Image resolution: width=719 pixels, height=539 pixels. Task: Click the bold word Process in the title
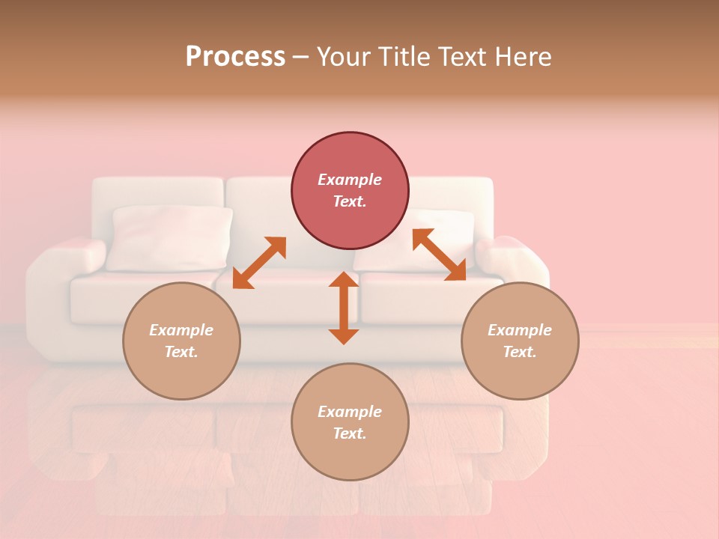[x=235, y=57]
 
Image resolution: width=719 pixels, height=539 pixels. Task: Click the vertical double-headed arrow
[x=344, y=308]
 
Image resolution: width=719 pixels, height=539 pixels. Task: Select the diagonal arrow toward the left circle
[x=259, y=263]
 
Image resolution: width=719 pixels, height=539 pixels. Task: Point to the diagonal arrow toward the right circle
[x=440, y=255]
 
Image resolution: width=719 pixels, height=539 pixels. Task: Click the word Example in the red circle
[x=350, y=180]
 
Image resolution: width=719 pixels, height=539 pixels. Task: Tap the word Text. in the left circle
[x=181, y=352]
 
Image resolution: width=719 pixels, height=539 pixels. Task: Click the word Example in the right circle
[x=520, y=330]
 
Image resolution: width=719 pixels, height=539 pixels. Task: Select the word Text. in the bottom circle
[x=350, y=433]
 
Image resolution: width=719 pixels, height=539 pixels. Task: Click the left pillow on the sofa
[x=170, y=237]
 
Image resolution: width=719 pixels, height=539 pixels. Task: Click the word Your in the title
[x=343, y=57]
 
